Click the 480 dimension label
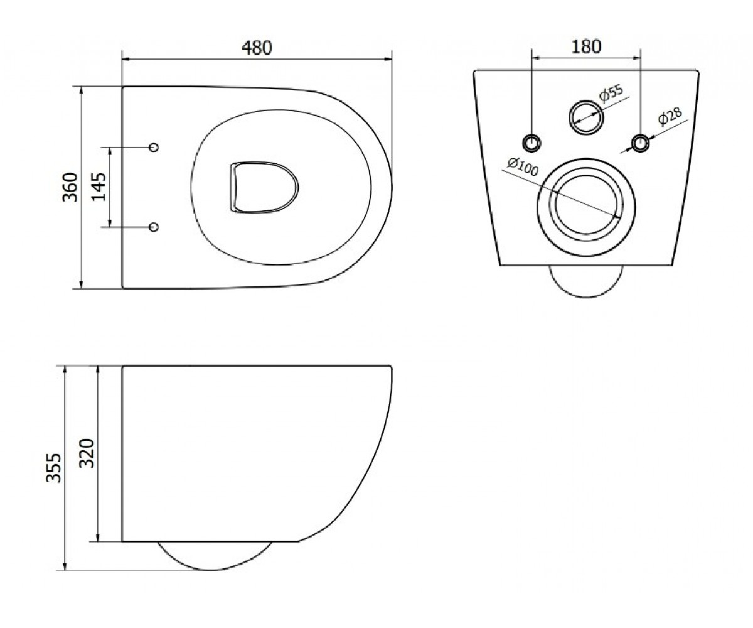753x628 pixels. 257,48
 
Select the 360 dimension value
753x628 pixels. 70,187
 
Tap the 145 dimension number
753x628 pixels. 99,187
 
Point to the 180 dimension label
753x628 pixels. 586,46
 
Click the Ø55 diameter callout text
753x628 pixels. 611,92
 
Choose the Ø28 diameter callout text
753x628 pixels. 670,116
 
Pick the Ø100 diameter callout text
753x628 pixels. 523,167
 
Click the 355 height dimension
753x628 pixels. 54,468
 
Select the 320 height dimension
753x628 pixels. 87,453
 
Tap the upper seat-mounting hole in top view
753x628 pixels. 154,147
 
